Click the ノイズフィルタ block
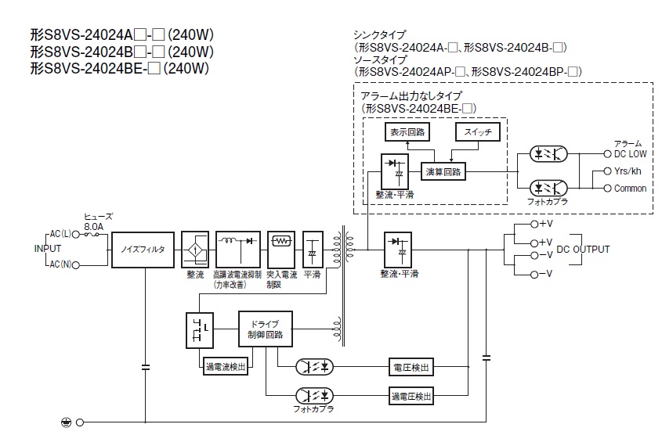[143, 250]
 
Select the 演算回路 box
[443, 171]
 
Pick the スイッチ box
[477, 133]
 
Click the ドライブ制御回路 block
[265, 329]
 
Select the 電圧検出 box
[411, 367]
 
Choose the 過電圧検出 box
[411, 396]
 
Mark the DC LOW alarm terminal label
[630, 154]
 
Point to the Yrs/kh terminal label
[628, 171]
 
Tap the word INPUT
[47, 249]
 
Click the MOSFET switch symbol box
[197, 329]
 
